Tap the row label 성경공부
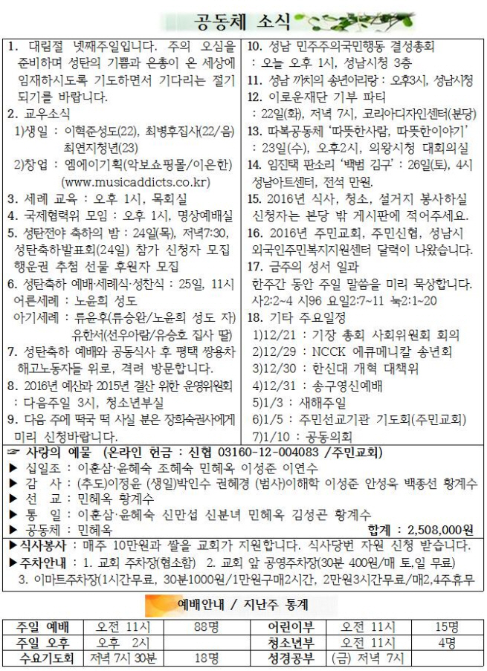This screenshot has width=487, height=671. pos(290,658)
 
